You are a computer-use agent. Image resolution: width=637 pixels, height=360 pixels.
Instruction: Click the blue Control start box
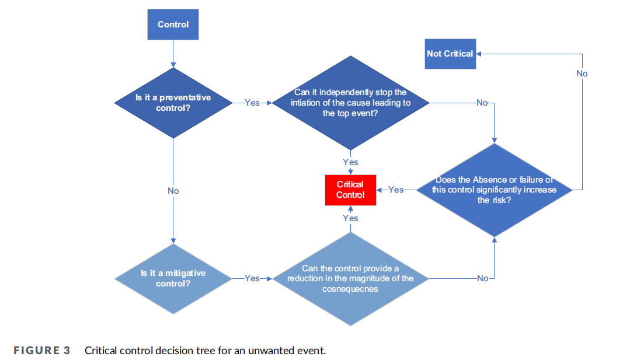click(x=173, y=25)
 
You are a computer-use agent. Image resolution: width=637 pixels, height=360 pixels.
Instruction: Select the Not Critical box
click(x=450, y=54)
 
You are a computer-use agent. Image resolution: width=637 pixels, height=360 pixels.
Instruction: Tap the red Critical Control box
click(x=350, y=190)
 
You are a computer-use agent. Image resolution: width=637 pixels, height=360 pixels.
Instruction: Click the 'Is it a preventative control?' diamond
click(x=173, y=103)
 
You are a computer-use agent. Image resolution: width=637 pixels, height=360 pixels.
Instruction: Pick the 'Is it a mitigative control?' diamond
click(x=173, y=278)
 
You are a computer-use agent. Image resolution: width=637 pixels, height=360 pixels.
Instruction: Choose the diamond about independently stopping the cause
click(x=350, y=103)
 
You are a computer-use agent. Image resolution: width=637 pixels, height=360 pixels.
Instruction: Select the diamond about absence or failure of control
click(x=494, y=190)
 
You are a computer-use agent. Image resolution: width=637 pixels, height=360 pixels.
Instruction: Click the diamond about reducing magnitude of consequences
click(x=350, y=278)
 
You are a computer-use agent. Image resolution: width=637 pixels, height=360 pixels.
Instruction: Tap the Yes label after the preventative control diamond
click(x=252, y=103)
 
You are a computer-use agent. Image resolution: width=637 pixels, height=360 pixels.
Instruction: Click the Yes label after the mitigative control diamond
click(x=252, y=278)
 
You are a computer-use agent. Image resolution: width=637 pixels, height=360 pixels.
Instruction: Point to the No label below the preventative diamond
click(x=173, y=191)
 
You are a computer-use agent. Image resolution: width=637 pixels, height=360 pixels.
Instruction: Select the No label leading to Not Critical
click(x=582, y=74)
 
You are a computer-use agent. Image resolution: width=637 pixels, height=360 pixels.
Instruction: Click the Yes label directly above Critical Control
click(x=350, y=162)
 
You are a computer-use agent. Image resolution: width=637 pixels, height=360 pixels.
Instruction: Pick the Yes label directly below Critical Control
click(x=350, y=218)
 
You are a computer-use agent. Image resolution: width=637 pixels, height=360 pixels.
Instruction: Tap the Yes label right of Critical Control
click(x=396, y=190)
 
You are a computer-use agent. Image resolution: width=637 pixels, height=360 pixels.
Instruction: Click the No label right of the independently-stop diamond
click(x=482, y=103)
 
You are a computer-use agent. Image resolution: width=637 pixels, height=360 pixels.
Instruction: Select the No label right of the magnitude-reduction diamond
click(x=482, y=278)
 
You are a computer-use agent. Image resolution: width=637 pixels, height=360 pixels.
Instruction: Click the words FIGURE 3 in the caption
click(x=41, y=351)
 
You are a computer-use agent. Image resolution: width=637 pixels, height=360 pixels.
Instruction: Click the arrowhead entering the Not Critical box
click(x=479, y=54)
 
